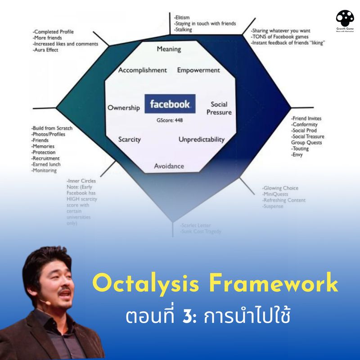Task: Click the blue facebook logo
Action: click(170, 104)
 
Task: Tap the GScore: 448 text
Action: click(170, 120)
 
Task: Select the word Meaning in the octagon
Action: click(169, 49)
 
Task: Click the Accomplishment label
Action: click(142, 70)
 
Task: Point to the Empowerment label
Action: click(198, 70)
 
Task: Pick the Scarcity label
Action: click(129, 139)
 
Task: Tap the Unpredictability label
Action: click(201, 139)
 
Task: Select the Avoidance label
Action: click(169, 166)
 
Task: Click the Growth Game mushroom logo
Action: click(345, 19)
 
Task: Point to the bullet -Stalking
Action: click(183, 30)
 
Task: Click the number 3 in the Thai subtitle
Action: click(189, 316)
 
